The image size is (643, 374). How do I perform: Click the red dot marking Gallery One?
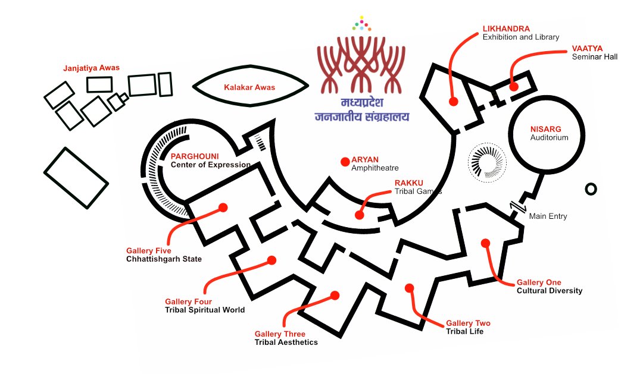point(485,243)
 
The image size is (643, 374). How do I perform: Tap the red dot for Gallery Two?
point(409,288)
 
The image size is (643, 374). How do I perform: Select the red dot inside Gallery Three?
point(335,296)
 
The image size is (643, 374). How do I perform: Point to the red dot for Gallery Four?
point(272,260)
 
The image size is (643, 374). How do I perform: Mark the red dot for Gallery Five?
point(223,208)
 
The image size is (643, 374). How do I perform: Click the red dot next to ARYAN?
point(344,162)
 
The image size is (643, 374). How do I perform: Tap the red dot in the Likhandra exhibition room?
point(453,102)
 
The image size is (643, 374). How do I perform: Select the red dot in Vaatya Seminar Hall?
point(513,86)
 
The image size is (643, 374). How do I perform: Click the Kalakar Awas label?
point(249,87)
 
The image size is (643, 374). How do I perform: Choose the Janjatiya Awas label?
point(91,68)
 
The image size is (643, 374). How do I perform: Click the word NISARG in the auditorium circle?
point(546,129)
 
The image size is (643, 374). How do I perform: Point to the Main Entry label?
point(548,216)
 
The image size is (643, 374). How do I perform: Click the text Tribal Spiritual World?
point(205,310)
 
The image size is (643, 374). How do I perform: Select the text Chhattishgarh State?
point(164,259)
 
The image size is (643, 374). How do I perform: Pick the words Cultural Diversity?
point(549,291)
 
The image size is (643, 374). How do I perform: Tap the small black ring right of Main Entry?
point(591,189)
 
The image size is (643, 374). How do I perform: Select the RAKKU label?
point(408,183)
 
